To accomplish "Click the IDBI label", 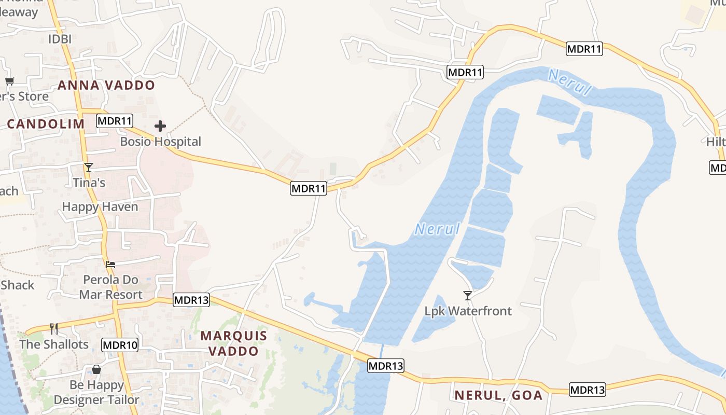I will (60, 39).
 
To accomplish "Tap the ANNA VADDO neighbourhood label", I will (106, 85).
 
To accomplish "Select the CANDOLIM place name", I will (46, 124).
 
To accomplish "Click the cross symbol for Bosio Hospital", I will (160, 126).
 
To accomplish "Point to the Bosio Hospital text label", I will (160, 142).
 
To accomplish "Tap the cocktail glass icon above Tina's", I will (89, 167).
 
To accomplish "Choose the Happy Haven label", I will (100, 207).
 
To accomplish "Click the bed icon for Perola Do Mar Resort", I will (110, 264).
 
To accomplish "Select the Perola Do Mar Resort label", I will (110, 287).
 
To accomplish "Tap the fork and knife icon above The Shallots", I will (53, 328).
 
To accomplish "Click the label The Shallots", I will (54, 344).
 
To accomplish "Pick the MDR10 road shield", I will (120, 345).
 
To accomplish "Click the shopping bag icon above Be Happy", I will (96, 369).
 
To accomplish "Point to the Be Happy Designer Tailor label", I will (96, 393).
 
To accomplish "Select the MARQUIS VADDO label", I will (233, 343).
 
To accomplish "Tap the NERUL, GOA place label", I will (498, 395).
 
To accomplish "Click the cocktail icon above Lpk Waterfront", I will (468, 295).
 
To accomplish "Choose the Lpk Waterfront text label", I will (468, 311).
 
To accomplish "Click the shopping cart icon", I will (9, 81).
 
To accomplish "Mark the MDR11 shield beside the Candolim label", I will (115, 121).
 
